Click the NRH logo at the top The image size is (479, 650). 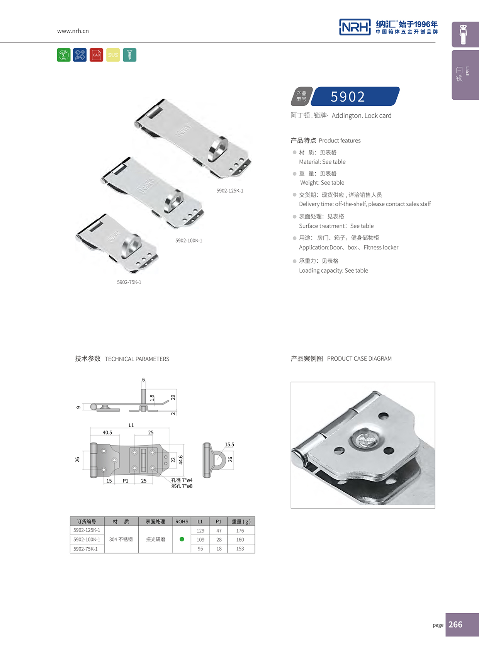355,27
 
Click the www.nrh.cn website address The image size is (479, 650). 73,31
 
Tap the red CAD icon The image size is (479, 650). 97,55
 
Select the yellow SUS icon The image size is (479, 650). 113,55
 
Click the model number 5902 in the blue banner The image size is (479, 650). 348,97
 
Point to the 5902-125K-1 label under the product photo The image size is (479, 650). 230,191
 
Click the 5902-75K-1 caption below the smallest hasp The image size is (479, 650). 129,282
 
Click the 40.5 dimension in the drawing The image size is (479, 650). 107,433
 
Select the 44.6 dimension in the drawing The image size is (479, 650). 180,460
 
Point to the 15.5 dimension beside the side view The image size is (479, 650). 229,445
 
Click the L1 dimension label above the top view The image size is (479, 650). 131,425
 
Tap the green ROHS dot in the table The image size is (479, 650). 182,539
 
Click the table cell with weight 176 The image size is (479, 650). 240,531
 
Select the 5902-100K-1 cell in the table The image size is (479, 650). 87,540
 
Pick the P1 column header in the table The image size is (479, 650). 219,521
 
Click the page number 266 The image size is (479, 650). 455,625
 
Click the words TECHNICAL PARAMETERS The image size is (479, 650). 137,359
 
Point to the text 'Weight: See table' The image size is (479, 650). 322,183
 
